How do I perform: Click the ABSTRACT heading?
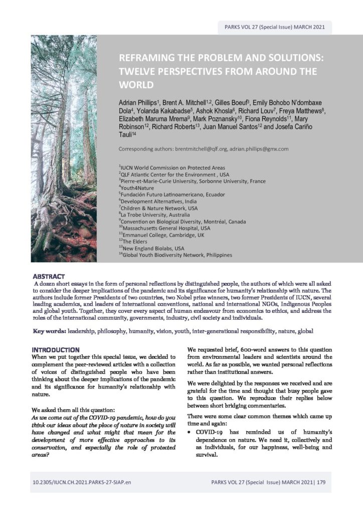(49, 277)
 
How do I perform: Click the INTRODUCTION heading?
(55, 349)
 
